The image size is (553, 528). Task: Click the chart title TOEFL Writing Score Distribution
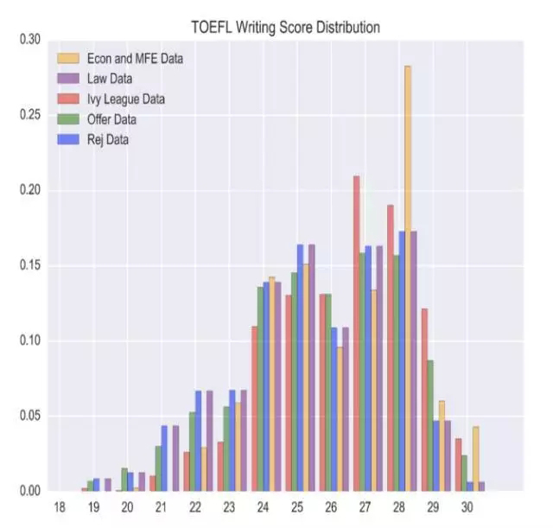(286, 27)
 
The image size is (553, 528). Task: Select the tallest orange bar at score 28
(408, 278)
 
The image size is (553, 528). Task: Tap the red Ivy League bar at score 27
(357, 334)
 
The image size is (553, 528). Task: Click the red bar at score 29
(424, 399)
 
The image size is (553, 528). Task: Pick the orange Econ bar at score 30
(476, 459)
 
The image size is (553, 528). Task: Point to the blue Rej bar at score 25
(300, 367)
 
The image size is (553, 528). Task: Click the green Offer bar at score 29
(430, 425)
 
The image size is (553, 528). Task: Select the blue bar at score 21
(164, 458)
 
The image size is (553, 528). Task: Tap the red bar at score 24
(255, 409)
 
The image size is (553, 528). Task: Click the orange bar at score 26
(340, 419)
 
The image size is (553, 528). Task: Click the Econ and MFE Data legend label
(135, 59)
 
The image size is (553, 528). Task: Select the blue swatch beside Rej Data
(68, 139)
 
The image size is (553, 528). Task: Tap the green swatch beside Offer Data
(68, 119)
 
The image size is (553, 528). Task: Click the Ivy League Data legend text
(126, 99)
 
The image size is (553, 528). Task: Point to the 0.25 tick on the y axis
(30, 115)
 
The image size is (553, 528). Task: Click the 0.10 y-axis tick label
(30, 340)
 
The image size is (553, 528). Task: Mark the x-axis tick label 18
(60, 507)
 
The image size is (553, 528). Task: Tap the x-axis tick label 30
(467, 507)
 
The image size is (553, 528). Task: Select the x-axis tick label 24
(263, 507)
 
